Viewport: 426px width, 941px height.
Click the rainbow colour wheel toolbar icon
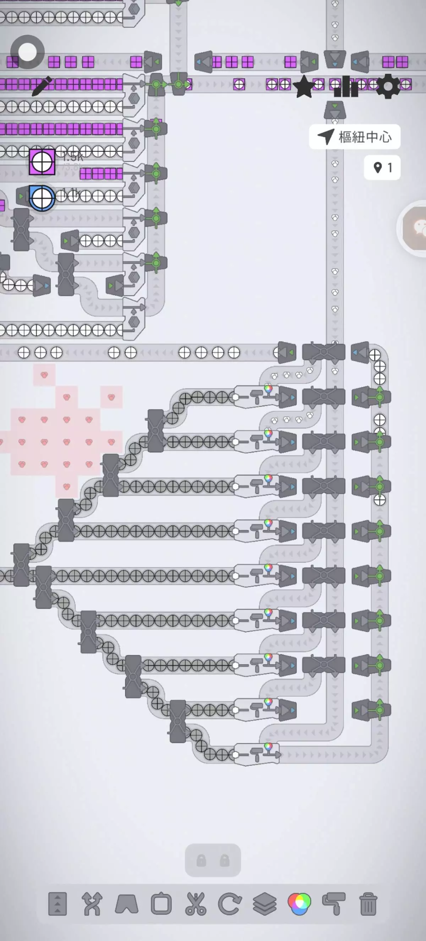pyautogui.click(x=299, y=904)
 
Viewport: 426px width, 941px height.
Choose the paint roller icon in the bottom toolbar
pyautogui.click(x=334, y=904)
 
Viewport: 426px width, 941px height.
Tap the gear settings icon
pyautogui.click(x=388, y=87)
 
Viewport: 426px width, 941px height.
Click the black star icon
pyautogui.click(x=304, y=87)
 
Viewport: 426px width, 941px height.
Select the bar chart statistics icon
pyautogui.click(x=346, y=87)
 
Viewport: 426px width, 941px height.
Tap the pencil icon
pyautogui.click(x=42, y=87)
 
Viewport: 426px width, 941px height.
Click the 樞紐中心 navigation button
pyautogui.click(x=354, y=137)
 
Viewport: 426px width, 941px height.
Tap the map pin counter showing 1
pyautogui.click(x=382, y=168)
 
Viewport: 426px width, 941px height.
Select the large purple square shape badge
pyautogui.click(x=42, y=162)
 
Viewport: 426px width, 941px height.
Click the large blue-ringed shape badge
pyautogui.click(x=42, y=198)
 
